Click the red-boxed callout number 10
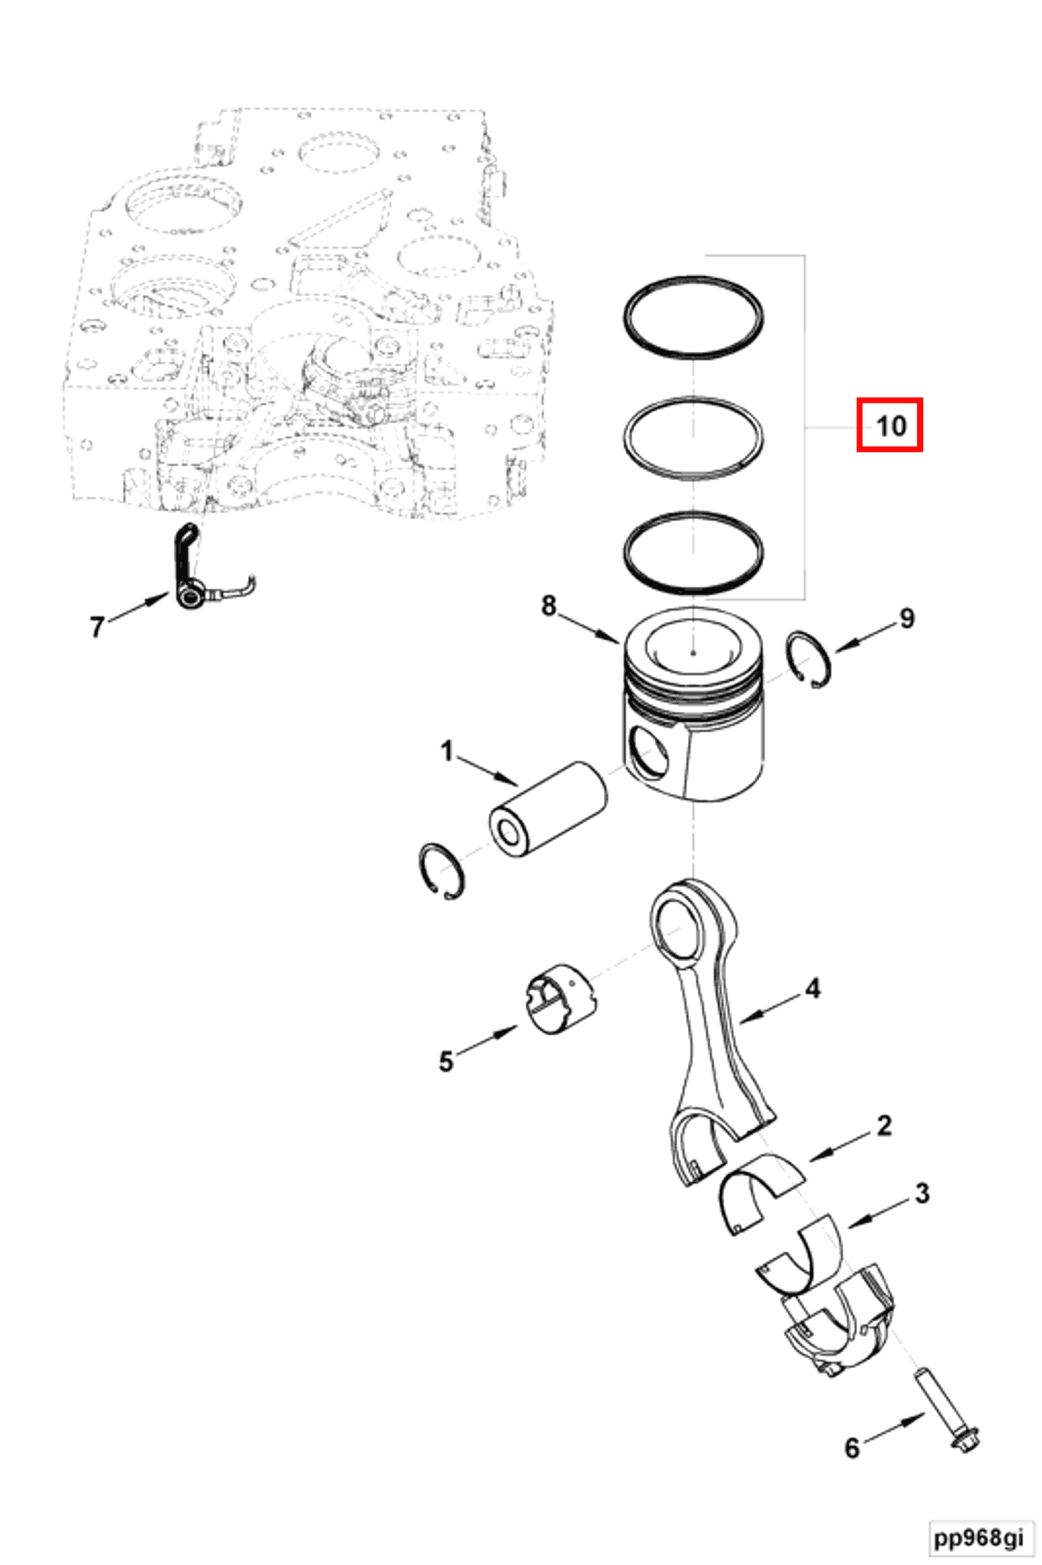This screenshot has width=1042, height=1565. pos(889,426)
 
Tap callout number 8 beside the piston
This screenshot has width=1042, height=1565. pos(548,606)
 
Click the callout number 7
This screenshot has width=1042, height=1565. pos(97,627)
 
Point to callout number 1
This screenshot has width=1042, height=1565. pos(447,753)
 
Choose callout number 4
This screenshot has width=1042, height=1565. pos(813,989)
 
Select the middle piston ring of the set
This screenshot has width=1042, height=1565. pos(693,400)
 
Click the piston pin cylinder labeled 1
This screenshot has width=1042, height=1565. pos(549,809)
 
